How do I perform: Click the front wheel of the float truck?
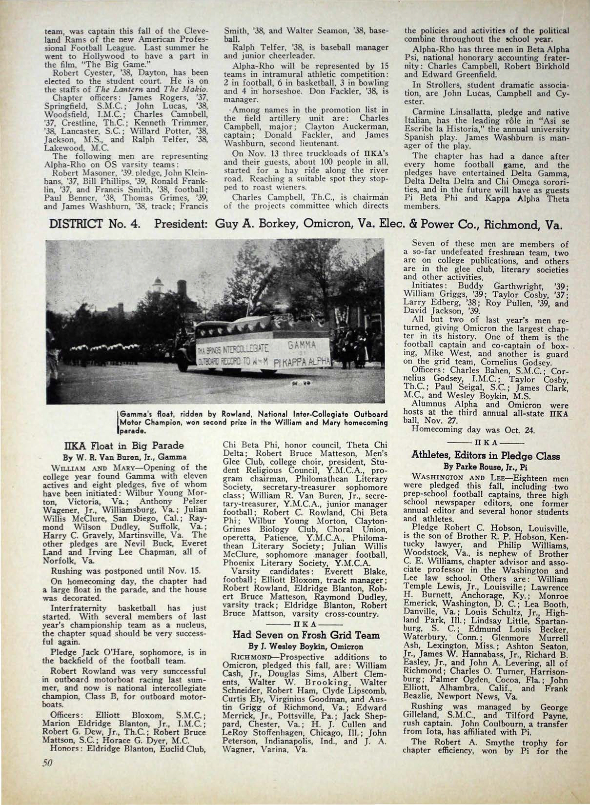(183, 363)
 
